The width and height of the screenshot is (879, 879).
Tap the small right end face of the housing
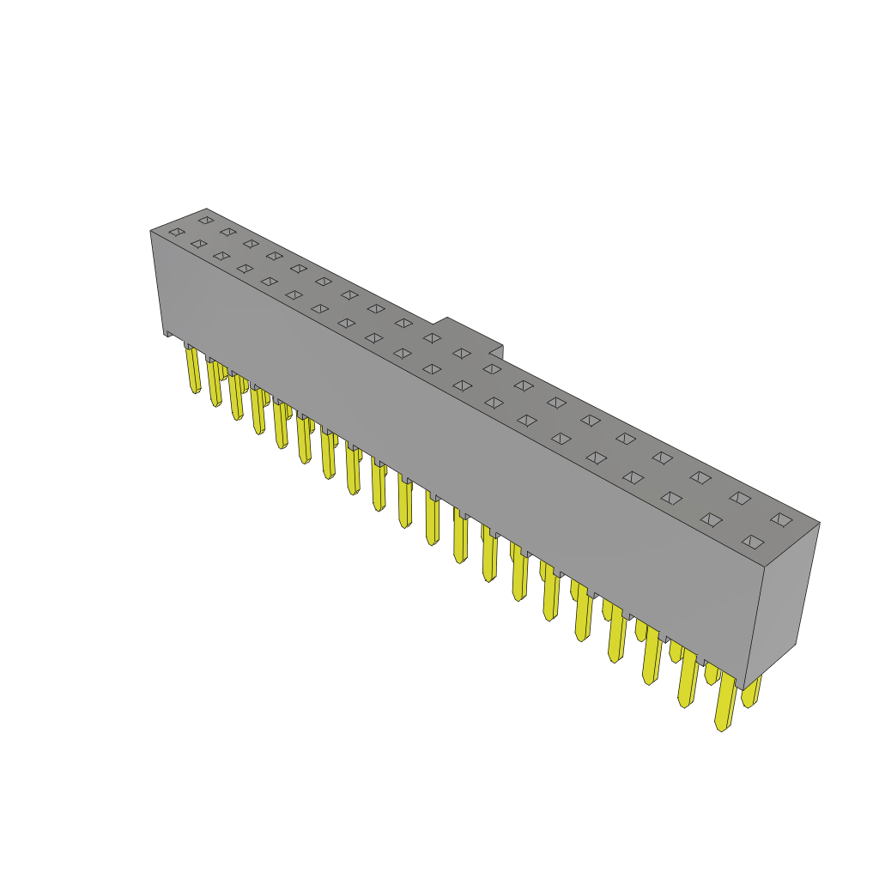(782, 601)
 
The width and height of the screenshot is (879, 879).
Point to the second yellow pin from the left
(215, 383)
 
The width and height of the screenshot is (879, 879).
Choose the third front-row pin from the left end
(235, 397)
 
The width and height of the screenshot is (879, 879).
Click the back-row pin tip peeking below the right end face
(751, 692)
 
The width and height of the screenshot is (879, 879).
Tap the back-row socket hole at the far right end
(781, 519)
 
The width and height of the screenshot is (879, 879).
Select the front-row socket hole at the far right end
(753, 542)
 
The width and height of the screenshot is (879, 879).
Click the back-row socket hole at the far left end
(206, 220)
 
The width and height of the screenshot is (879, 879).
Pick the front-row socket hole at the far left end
(177, 232)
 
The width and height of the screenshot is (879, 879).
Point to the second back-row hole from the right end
(740, 498)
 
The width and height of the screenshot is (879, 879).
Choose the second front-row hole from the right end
(711, 519)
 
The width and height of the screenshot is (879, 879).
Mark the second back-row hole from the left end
(228, 232)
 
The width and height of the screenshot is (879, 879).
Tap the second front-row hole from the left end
(199, 244)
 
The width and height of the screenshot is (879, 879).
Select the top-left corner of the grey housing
(152, 231)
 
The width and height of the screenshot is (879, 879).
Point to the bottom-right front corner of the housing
(744, 687)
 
